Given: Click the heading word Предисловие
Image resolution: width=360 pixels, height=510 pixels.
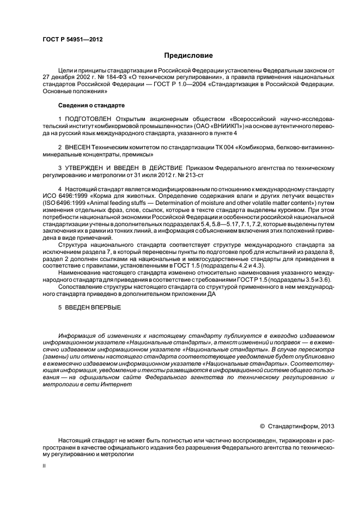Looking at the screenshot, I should click(x=188, y=56).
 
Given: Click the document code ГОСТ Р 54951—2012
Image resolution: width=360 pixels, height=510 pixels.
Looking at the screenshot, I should click(x=72, y=39).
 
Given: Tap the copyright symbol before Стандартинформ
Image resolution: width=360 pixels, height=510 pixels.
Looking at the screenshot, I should click(x=263, y=426).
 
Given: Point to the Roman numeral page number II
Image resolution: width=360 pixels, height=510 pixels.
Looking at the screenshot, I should click(x=44, y=466).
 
